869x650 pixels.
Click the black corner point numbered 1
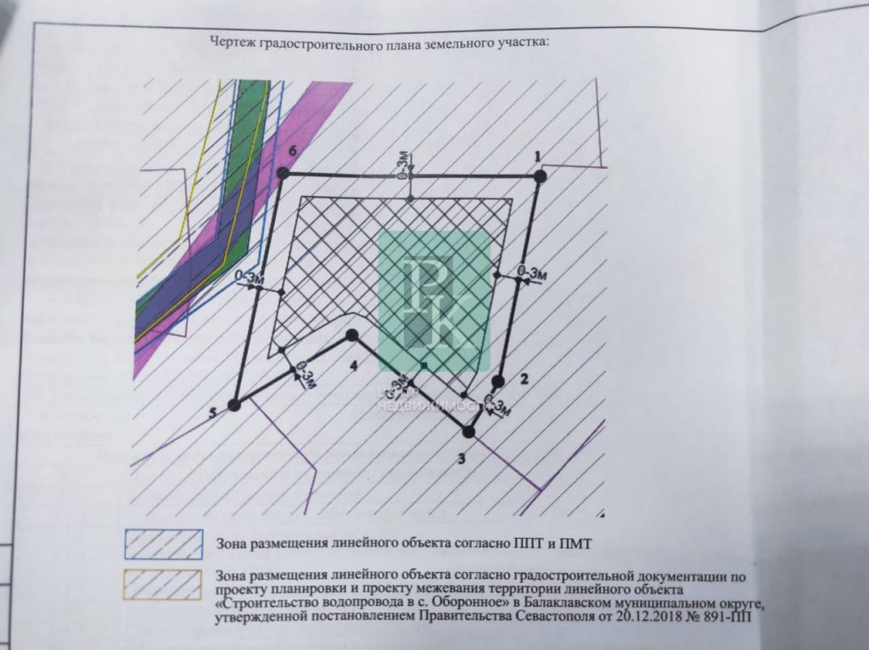(x=540, y=177)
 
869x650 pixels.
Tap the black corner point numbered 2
(x=498, y=381)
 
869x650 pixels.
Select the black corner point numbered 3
(x=468, y=432)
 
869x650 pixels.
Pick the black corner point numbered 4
(x=351, y=334)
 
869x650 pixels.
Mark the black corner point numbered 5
(x=234, y=405)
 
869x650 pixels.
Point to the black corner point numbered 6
(x=283, y=173)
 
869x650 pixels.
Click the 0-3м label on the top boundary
(x=406, y=166)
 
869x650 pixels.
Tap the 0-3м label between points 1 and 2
(x=531, y=272)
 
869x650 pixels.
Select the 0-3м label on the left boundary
(x=249, y=277)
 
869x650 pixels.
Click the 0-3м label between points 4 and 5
(x=306, y=376)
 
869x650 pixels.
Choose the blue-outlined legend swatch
(x=164, y=544)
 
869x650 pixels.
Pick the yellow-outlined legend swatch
(x=162, y=585)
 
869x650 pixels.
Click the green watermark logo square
(x=434, y=300)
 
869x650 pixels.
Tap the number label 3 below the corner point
(x=461, y=458)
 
